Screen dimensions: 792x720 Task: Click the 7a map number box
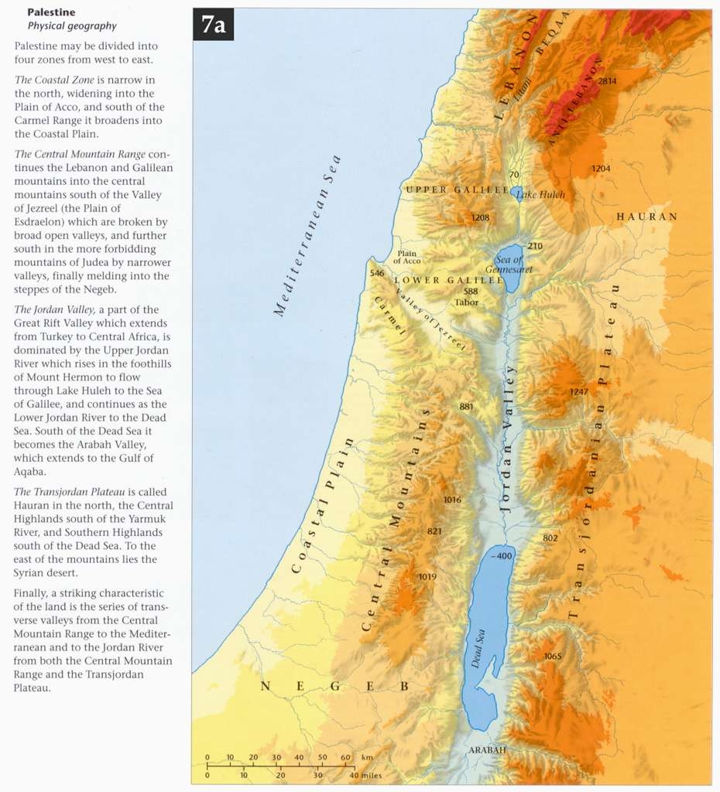[x=213, y=25]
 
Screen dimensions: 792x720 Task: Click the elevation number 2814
[x=608, y=80]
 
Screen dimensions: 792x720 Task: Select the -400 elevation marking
[x=502, y=556]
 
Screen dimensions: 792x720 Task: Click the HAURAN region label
[x=646, y=217]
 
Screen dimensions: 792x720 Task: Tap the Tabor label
[x=467, y=302]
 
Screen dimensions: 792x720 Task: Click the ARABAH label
[x=487, y=750]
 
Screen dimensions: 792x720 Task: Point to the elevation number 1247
[x=578, y=391]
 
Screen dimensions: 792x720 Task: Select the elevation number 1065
[x=552, y=656]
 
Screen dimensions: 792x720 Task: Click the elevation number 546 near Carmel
[x=377, y=273]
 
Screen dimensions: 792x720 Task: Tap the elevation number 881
[x=466, y=406]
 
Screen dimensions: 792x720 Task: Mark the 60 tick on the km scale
[x=345, y=757]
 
